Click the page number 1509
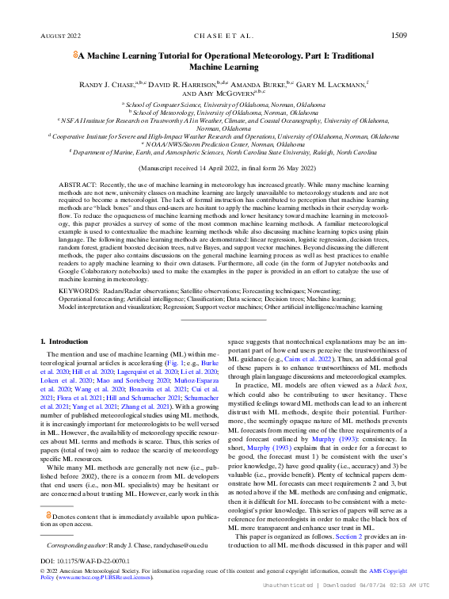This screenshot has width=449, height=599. [398, 36]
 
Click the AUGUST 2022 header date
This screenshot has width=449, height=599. [60, 36]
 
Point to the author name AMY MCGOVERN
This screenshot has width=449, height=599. [210, 93]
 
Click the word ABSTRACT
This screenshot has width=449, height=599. [76, 183]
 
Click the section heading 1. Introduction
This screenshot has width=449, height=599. [66, 341]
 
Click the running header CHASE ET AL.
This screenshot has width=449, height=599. [224, 36]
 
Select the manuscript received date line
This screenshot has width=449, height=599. [224, 169]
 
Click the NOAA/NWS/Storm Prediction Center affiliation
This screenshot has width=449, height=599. [224, 144]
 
